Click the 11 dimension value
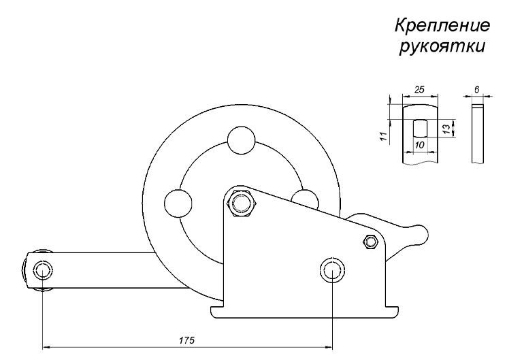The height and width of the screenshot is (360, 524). coord(386,133)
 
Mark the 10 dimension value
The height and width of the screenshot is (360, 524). coord(419,146)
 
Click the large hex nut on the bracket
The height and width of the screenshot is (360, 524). coord(240,202)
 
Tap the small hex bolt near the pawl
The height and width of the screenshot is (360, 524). coord(371,241)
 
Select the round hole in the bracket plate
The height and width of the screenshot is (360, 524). coord(331,269)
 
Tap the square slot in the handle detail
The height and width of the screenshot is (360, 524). coord(419,127)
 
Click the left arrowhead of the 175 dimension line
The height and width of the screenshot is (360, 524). coord(45,346)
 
